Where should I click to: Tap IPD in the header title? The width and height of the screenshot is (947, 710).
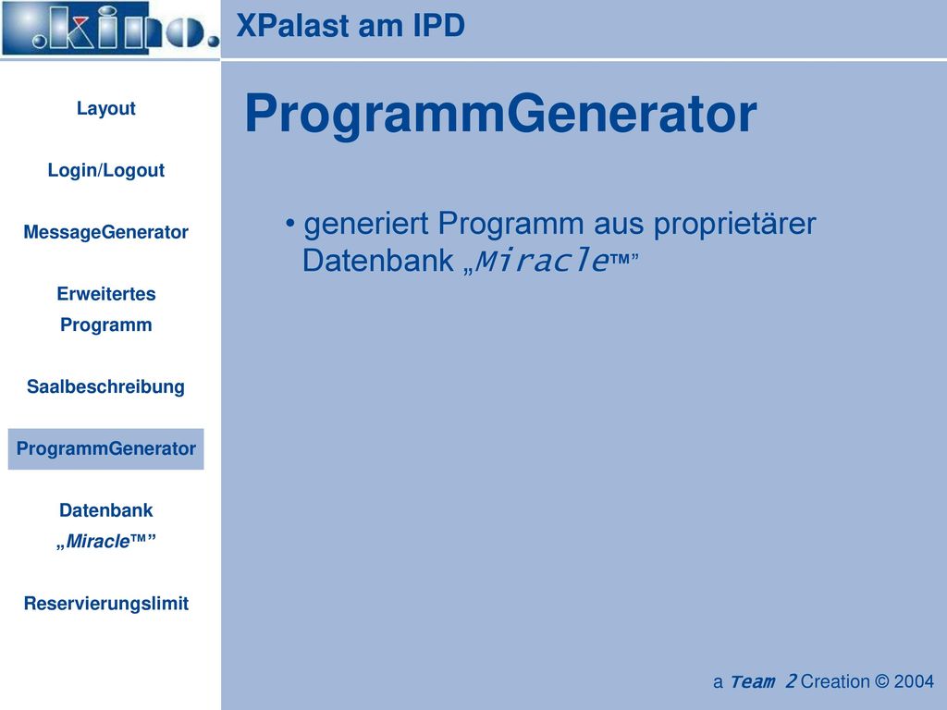coord(439,25)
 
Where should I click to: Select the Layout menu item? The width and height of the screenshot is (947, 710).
coord(105,108)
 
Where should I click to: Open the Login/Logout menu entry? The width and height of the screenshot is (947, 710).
coord(105,170)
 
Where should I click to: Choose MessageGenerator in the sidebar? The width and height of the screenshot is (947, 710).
coord(105,232)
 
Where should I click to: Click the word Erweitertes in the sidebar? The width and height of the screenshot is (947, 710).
coord(106,293)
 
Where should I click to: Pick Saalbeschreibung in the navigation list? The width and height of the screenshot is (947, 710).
coord(105,386)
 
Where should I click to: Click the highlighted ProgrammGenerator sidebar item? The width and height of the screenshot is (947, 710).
coord(105,448)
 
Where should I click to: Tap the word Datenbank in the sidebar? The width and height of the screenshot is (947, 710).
coord(105,510)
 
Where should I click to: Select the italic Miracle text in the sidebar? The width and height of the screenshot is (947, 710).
coord(97,541)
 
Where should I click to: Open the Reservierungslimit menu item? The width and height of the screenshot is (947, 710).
coord(105,603)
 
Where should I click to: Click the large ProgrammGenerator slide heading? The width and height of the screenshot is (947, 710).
coord(500,114)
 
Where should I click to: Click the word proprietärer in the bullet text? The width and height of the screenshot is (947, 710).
coord(734,225)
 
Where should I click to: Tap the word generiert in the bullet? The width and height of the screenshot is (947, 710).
coord(366,224)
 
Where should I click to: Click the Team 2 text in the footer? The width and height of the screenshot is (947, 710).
coord(763,681)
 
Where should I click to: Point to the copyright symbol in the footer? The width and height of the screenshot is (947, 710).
coord(881,681)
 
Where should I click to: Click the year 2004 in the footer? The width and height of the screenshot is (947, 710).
coord(914,681)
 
